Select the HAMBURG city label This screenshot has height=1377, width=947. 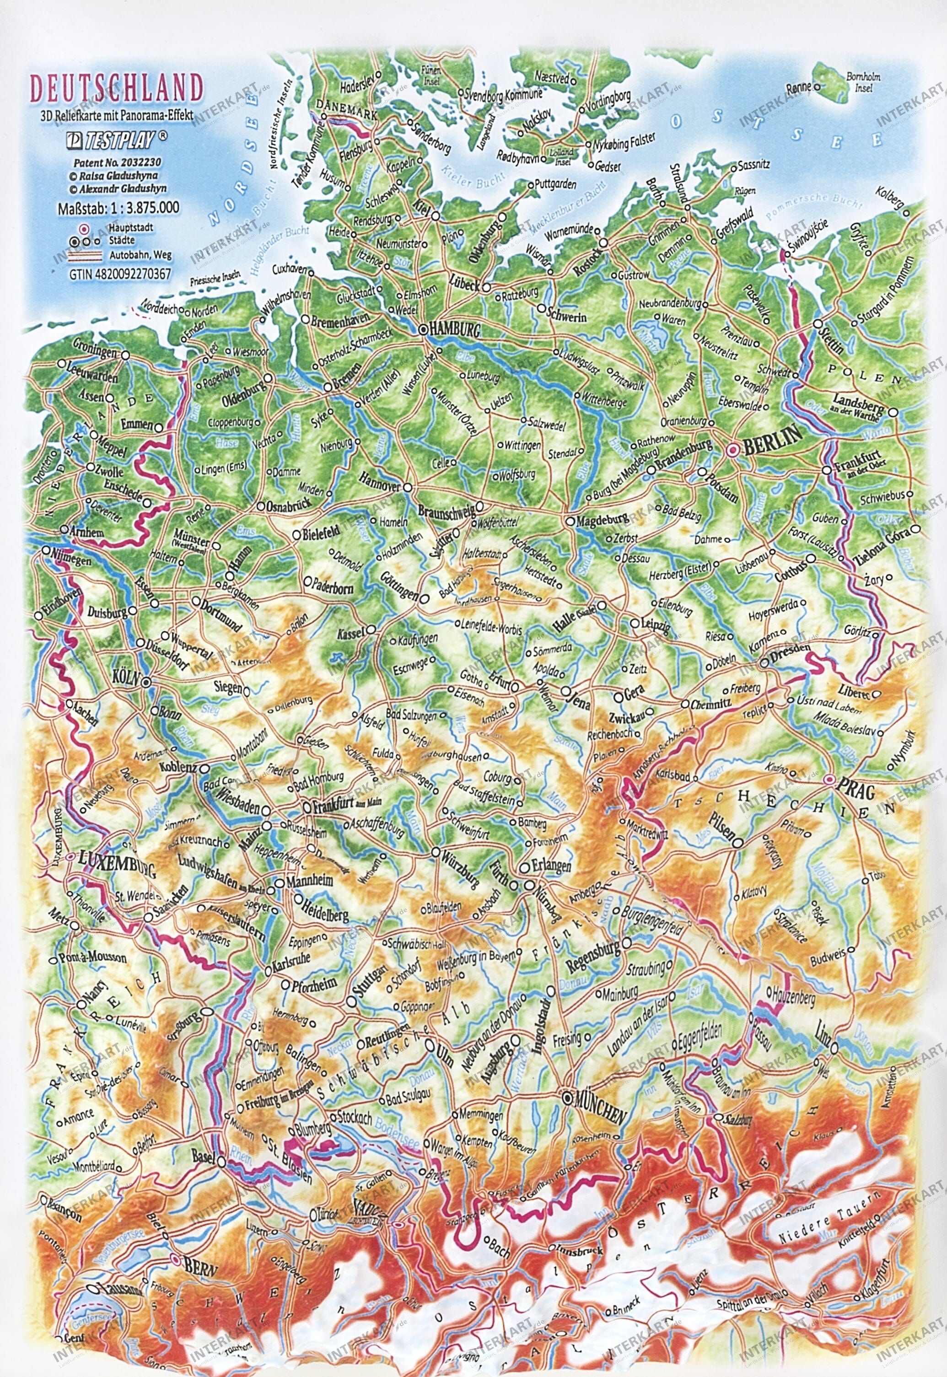pos(456,330)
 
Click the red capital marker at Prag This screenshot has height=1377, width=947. pos(830,779)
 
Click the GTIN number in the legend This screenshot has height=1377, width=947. pos(120,274)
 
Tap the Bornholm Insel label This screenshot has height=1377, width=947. pos(863,82)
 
